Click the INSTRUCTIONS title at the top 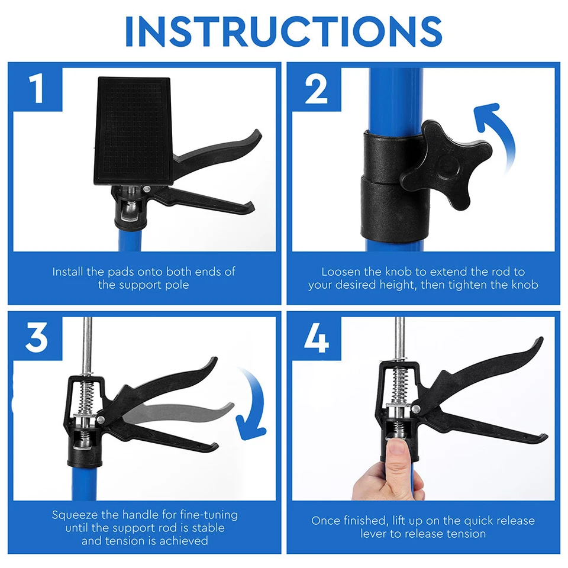pyautogui.click(x=284, y=31)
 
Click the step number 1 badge pyautogui.click(x=37, y=89)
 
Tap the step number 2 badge pyautogui.click(x=316, y=89)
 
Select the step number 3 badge pyautogui.click(x=37, y=338)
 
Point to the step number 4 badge pyautogui.click(x=316, y=338)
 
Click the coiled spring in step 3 pyautogui.click(x=86, y=396)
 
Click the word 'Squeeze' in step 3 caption pyautogui.click(x=73, y=515)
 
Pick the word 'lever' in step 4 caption pyautogui.click(x=375, y=534)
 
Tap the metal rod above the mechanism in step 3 pyautogui.click(x=87, y=343)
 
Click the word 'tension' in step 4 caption pyautogui.click(x=465, y=534)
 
